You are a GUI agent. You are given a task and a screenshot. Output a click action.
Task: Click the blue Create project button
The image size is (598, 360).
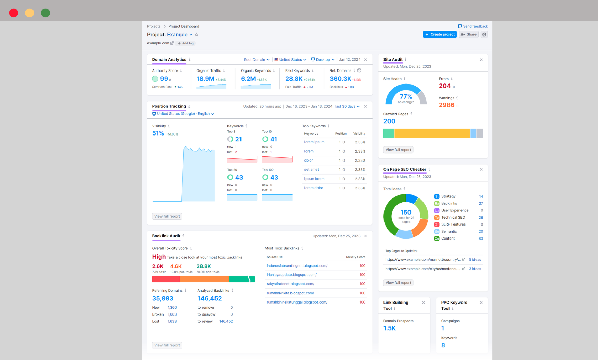click(x=440, y=34)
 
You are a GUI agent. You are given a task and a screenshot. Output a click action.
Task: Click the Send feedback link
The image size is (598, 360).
click(x=473, y=26)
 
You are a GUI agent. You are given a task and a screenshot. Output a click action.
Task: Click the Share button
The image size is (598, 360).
click(x=469, y=34)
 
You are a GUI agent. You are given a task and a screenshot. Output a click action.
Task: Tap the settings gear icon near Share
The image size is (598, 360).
click(x=484, y=34)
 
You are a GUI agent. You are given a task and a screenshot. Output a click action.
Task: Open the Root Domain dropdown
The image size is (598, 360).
click(x=256, y=60)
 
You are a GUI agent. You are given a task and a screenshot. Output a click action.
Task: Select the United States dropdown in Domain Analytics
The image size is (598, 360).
click(x=290, y=60)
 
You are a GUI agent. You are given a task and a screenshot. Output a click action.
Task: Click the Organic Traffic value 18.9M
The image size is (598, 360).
click(x=205, y=79)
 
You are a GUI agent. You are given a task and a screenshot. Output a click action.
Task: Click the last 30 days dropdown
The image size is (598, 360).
click(x=347, y=106)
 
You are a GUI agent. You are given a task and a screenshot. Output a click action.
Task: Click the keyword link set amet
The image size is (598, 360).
click(x=311, y=169)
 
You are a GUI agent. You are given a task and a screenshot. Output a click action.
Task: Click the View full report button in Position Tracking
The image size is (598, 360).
click(x=167, y=216)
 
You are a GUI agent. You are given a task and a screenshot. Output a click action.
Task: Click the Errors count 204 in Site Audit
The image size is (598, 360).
click(x=445, y=86)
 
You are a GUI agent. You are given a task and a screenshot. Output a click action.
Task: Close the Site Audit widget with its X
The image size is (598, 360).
click(x=481, y=60)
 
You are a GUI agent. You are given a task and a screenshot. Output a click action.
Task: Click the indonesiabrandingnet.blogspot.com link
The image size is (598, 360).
click(x=297, y=266)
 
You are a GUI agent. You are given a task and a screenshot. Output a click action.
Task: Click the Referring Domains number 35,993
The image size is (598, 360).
click(x=162, y=298)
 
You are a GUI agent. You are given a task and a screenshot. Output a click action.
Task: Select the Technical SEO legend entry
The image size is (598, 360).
click(x=453, y=217)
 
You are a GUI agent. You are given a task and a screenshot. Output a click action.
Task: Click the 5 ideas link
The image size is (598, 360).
click(x=475, y=260)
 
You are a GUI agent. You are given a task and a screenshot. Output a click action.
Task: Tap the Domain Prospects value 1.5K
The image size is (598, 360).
click(x=389, y=328)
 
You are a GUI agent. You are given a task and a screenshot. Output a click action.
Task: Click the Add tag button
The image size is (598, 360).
click(x=186, y=43)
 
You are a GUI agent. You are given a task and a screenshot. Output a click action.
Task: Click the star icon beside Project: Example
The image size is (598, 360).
click(x=197, y=35)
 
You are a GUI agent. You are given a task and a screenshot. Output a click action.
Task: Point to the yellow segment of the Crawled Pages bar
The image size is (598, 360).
click(x=432, y=133)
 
